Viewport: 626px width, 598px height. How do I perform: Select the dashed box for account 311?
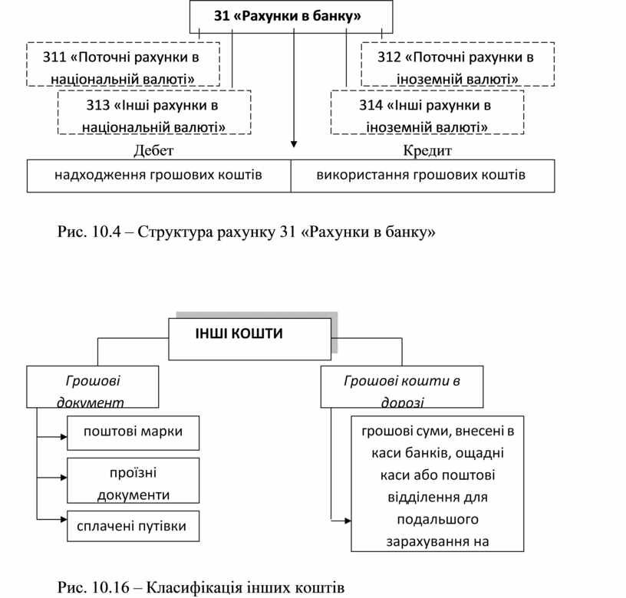point(123,66)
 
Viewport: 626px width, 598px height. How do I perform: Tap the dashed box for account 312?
point(457,66)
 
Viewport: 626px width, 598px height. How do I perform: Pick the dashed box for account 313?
point(154,113)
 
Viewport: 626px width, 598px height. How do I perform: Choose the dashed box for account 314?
point(427,113)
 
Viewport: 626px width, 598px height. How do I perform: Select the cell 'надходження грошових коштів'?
point(159,176)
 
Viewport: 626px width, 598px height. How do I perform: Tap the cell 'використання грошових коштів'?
point(422,176)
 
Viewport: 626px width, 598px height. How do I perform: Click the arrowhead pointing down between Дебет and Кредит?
point(293,143)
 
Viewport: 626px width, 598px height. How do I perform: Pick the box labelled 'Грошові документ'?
point(93,387)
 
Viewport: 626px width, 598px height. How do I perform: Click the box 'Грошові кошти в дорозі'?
point(401,387)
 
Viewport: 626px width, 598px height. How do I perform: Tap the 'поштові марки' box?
point(133,432)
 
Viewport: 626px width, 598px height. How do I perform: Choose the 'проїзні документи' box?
point(133,481)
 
